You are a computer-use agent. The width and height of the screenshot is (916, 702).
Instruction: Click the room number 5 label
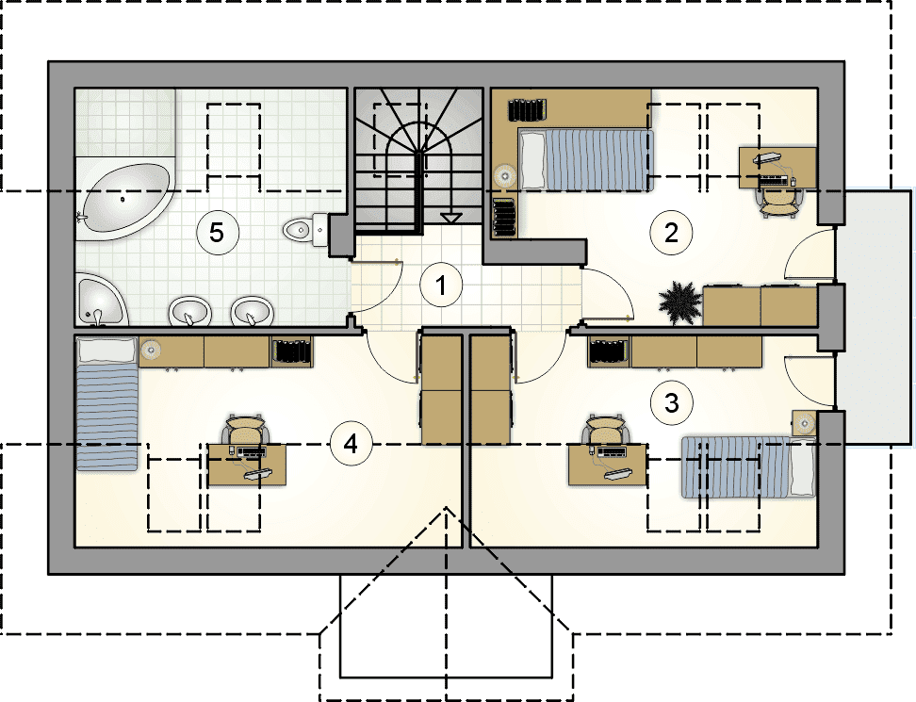[x=217, y=233]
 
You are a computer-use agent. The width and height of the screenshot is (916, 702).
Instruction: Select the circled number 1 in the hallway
[x=441, y=286]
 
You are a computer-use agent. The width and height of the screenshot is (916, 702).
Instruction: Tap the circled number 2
[x=671, y=233]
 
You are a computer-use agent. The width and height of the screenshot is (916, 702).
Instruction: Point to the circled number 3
[x=671, y=402]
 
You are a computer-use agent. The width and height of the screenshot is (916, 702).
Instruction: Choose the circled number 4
[x=351, y=445]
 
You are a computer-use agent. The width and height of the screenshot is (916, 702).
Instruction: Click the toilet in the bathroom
[x=305, y=230]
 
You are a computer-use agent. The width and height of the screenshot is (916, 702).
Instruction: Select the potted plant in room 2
[x=679, y=302]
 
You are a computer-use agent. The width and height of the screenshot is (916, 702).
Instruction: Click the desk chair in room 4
[x=245, y=430]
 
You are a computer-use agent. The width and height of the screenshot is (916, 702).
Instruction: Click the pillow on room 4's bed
[x=106, y=351]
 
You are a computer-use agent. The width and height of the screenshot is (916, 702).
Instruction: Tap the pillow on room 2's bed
[x=532, y=159]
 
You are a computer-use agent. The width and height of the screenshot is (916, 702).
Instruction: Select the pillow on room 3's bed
[x=801, y=466]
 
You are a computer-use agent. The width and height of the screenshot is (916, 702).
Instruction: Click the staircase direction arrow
[x=451, y=218]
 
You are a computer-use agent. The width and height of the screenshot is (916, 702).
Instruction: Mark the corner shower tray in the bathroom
[x=102, y=299]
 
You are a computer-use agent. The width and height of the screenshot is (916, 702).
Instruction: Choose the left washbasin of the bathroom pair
[x=189, y=310]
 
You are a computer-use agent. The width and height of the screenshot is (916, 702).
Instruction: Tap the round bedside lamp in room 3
[x=805, y=422]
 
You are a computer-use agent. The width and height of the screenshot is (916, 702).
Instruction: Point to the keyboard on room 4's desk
[x=252, y=451]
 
